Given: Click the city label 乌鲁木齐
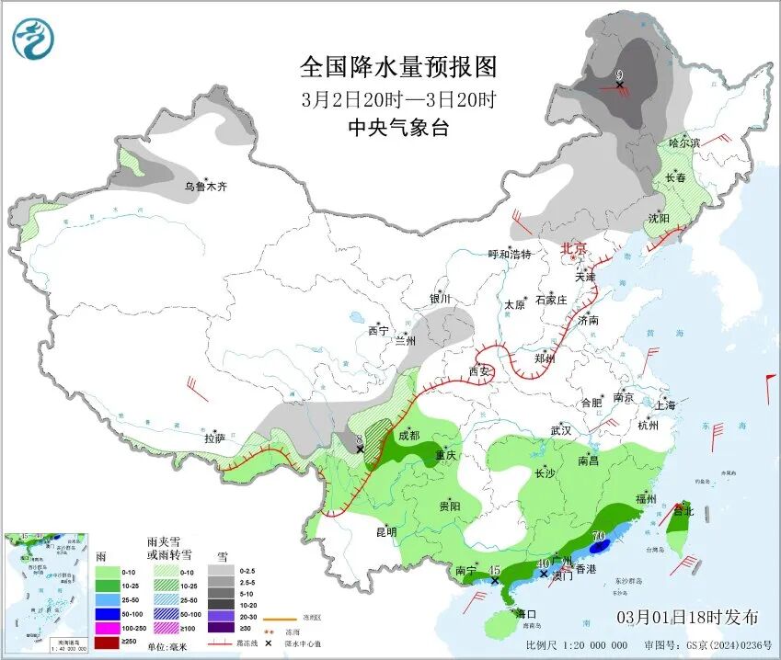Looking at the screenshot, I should point(205,187).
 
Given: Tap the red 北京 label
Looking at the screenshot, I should point(574,249).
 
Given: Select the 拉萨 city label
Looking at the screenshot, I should point(214,439).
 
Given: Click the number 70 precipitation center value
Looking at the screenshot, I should point(598,536).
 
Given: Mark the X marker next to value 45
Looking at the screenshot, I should point(496,581).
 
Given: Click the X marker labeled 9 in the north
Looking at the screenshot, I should point(620,85).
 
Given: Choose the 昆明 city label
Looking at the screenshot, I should point(385,531).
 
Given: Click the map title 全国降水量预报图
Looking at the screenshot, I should point(398,67).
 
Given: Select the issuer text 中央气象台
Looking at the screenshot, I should point(398,129).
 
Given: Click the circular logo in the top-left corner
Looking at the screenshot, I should point(33,39).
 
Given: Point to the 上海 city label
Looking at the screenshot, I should point(665,404).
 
